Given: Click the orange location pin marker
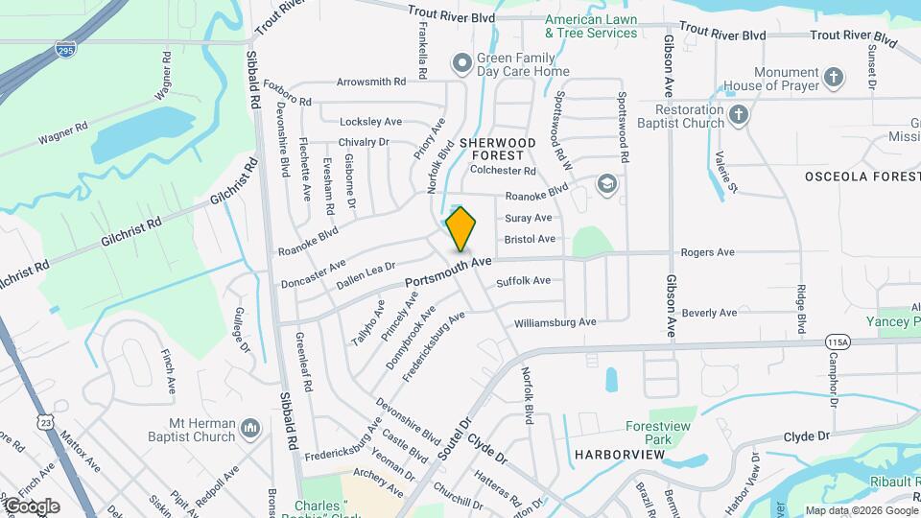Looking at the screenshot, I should click(460, 228).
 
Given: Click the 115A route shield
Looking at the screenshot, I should click(837, 341).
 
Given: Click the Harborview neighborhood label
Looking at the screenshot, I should click(619, 452).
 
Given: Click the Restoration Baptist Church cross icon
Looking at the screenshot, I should click(738, 115).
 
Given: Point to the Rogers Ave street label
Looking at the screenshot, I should click(707, 252).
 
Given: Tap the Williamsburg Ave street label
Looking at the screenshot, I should click(555, 321).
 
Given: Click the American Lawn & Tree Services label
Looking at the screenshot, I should click(591, 26).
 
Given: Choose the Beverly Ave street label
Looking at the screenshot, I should click(709, 313).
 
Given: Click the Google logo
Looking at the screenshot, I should click(32, 506).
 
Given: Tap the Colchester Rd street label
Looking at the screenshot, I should click(503, 171).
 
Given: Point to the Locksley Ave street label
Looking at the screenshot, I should click(370, 122).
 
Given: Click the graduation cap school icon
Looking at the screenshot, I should click(606, 182).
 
